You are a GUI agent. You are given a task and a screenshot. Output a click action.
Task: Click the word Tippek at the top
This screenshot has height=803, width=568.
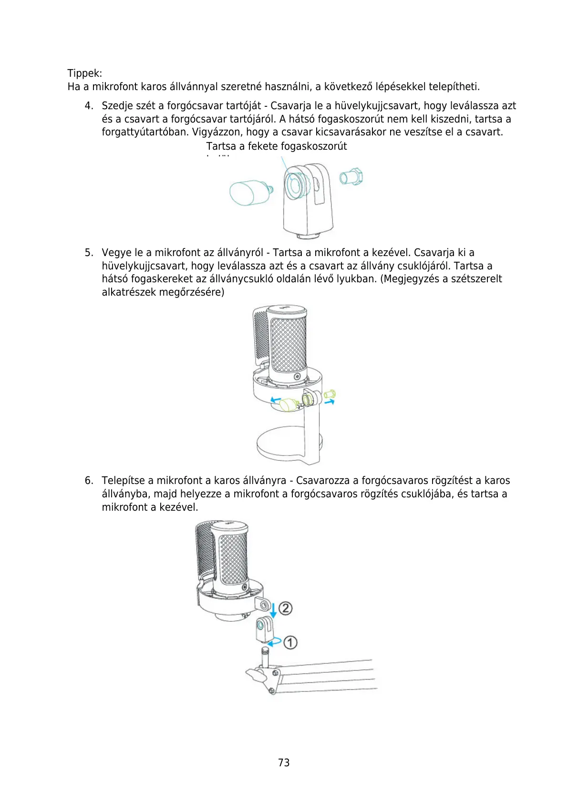[84, 73]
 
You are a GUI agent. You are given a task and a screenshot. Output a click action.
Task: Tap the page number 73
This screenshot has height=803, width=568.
[284, 762]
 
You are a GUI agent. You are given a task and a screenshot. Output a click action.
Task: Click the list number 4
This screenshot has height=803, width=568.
[89, 106]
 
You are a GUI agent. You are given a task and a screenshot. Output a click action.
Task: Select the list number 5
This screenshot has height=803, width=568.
[89, 253]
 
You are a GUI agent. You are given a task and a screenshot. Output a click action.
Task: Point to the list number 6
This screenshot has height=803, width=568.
[89, 481]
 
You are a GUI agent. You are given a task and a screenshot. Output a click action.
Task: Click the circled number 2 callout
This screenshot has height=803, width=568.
[285, 608]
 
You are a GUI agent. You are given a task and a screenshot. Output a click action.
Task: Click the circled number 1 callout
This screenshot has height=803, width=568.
[290, 642]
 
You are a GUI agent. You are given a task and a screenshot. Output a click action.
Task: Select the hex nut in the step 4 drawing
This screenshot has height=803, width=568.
[352, 177]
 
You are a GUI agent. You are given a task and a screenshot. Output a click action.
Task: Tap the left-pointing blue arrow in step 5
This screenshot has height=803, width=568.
[275, 400]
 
